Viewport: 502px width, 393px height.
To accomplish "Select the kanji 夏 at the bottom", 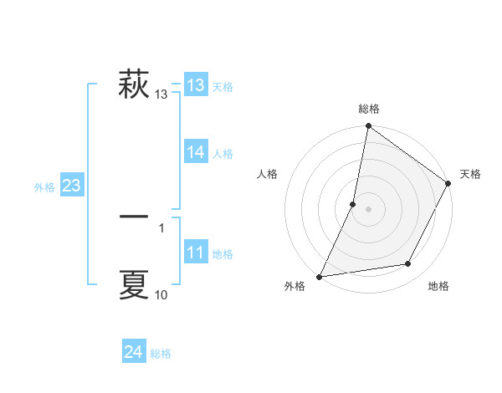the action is click(134, 284).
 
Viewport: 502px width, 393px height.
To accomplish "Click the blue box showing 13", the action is click(195, 85).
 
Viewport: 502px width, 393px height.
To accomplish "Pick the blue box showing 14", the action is click(195, 152).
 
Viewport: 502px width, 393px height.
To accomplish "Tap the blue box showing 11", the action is click(195, 253).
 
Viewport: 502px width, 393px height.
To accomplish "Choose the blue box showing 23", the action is click(71, 186).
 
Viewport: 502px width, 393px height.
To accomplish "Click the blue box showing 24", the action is click(133, 352).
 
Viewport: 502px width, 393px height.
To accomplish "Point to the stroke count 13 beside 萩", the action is click(161, 95).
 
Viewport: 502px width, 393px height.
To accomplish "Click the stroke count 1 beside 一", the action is click(161, 228).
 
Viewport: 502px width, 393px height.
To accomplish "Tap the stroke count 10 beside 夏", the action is click(161, 295).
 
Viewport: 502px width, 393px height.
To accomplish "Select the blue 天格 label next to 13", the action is click(223, 87).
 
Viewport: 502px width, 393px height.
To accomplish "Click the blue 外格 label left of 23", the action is click(44, 187).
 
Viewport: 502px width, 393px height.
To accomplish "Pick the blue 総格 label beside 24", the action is click(161, 354).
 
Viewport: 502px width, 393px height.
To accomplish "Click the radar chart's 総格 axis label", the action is click(368, 109).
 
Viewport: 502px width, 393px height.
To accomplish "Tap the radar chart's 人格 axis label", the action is click(268, 174).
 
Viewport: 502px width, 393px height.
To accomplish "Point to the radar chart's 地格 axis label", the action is click(438, 286).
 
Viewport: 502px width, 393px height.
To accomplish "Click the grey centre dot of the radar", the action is click(368, 208).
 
